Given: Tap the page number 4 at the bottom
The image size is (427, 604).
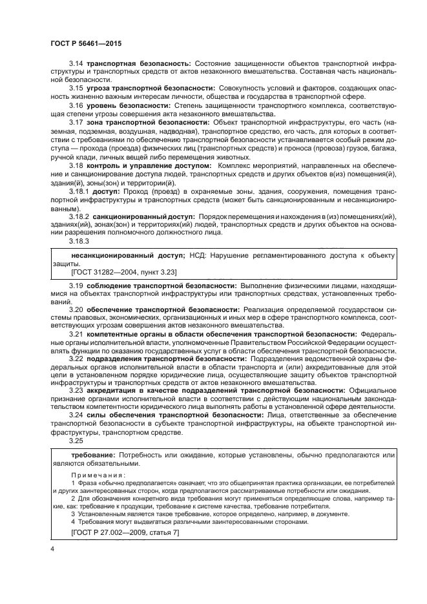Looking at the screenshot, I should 52,548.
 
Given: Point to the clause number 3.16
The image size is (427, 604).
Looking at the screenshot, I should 76,104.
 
